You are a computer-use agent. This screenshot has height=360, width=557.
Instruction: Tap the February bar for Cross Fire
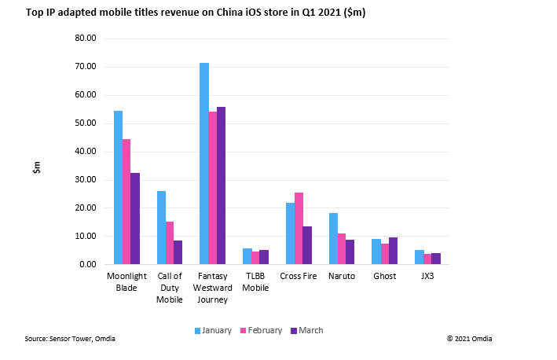click(299, 228)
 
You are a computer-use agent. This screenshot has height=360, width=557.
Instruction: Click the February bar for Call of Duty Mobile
click(170, 243)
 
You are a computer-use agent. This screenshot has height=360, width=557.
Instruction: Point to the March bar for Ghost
click(394, 251)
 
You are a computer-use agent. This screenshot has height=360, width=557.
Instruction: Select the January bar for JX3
click(419, 257)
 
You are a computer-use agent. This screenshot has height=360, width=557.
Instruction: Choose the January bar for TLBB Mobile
click(247, 256)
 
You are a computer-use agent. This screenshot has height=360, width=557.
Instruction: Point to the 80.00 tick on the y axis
click(85, 39)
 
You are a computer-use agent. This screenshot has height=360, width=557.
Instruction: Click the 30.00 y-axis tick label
click(85, 180)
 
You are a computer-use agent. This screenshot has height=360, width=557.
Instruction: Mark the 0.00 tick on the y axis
click(87, 265)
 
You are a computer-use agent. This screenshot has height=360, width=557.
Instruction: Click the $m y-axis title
click(36, 167)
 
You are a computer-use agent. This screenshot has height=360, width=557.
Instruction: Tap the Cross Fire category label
click(299, 276)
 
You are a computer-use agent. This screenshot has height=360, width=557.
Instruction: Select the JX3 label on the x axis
click(427, 276)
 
